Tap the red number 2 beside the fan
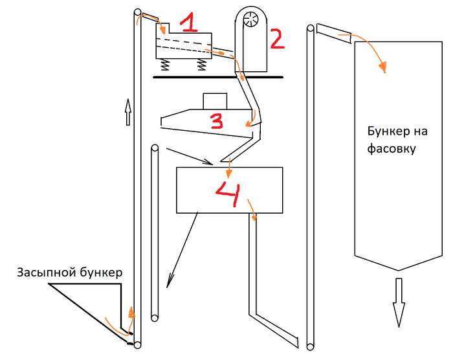276,38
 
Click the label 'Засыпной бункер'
69,272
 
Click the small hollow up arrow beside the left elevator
127,111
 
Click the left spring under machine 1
166,64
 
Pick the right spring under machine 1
202,64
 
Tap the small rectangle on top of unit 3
215,102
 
